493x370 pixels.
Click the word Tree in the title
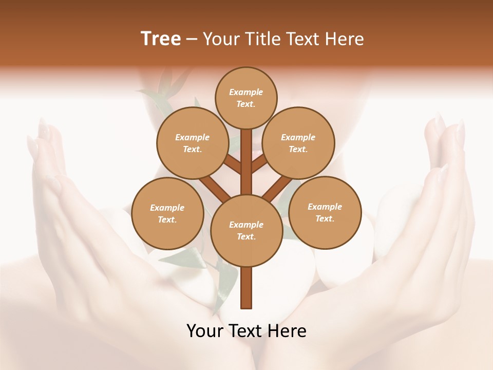(x=161, y=39)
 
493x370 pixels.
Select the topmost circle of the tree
(x=246, y=98)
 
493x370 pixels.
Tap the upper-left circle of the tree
(x=192, y=143)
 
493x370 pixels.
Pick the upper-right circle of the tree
(x=298, y=143)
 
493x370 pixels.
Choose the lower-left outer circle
(x=167, y=213)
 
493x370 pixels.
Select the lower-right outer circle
(x=325, y=212)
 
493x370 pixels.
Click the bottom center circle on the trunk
(x=246, y=230)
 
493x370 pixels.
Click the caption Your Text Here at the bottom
(x=246, y=331)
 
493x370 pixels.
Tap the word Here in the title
(x=346, y=39)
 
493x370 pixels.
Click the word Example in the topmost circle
(x=246, y=92)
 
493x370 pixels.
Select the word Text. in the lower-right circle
(x=325, y=218)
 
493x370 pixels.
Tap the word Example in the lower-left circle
(x=167, y=208)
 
